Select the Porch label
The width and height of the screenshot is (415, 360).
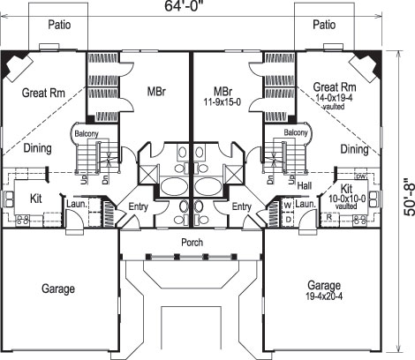tap(192, 241)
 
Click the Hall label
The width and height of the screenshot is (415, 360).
tap(305, 186)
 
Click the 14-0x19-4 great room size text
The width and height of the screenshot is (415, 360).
tap(335, 99)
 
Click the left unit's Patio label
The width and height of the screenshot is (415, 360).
tap(60, 25)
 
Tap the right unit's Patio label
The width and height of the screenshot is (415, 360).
tap(324, 25)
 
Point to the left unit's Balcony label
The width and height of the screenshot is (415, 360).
tap(87, 133)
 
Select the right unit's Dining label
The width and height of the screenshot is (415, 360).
tap(353, 150)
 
